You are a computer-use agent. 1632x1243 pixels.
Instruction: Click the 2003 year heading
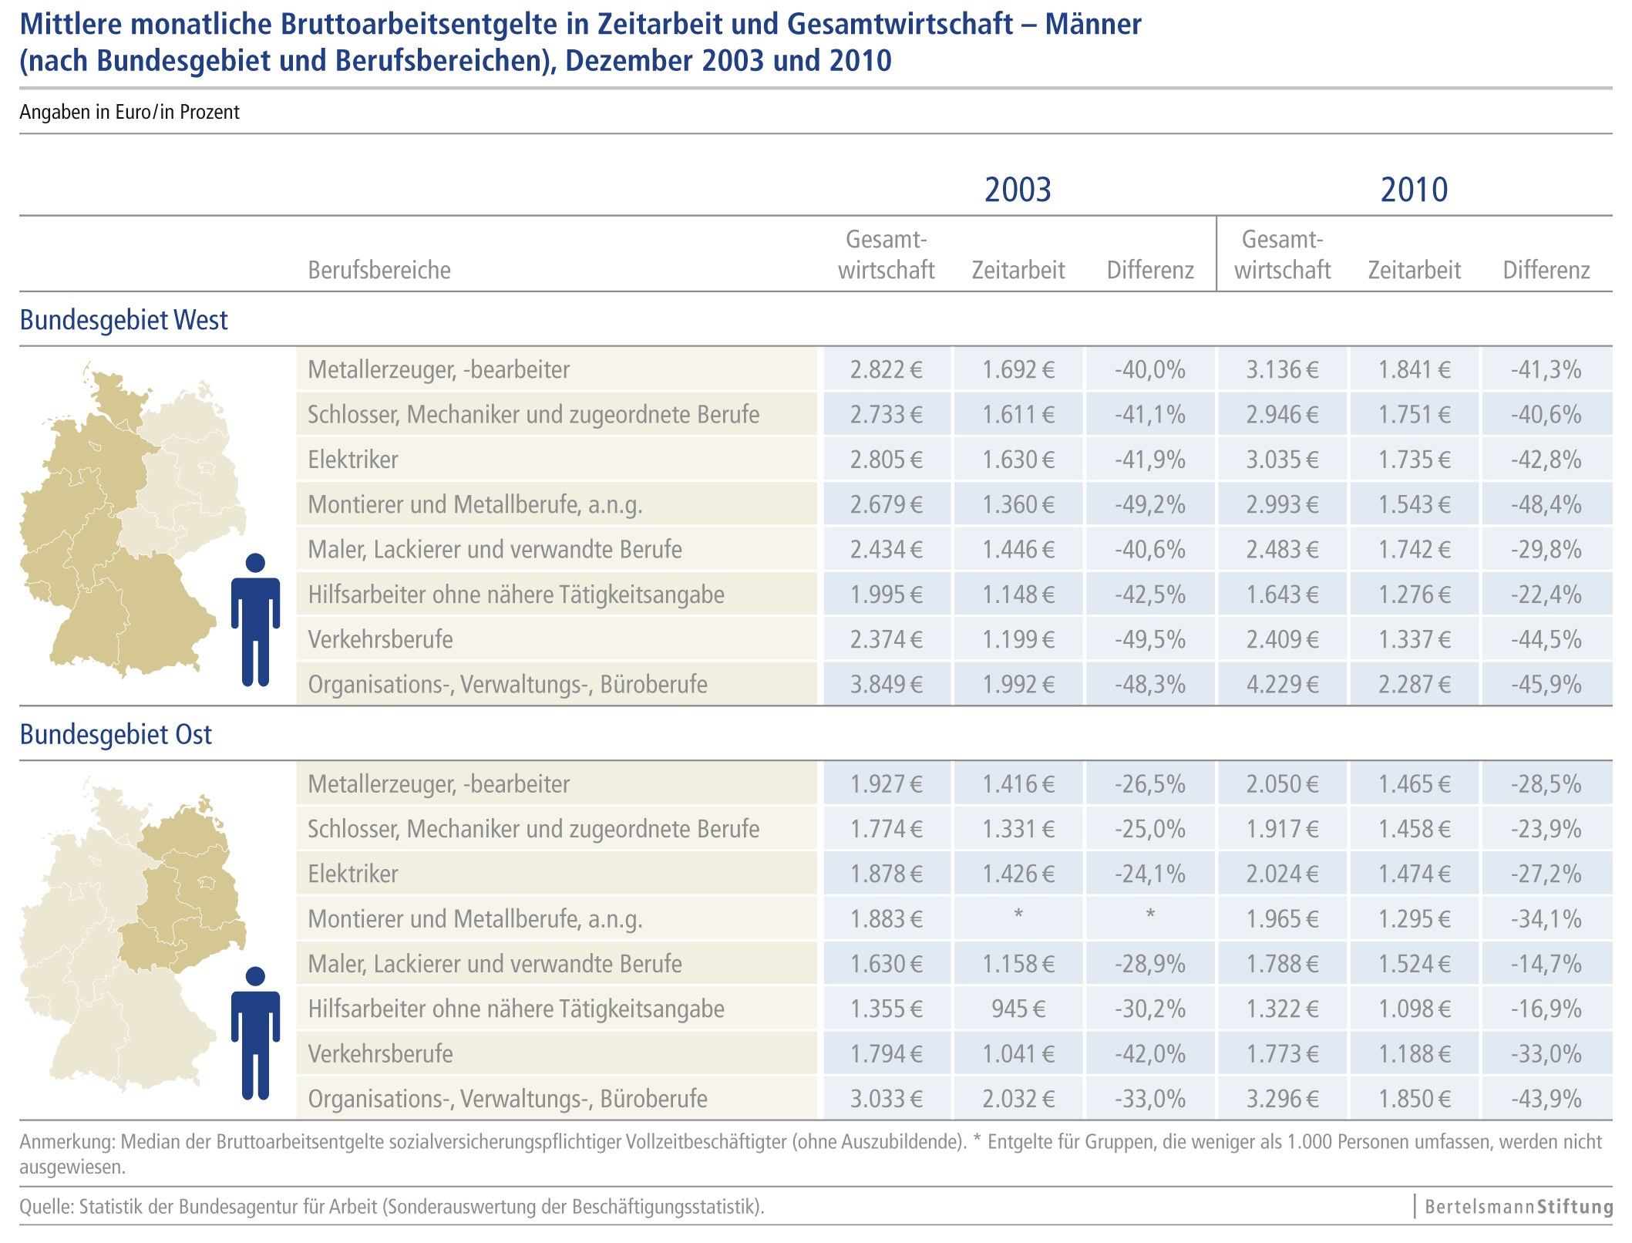pyautogui.click(x=1018, y=190)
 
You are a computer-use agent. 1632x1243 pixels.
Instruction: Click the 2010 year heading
pyautogui.click(x=1414, y=190)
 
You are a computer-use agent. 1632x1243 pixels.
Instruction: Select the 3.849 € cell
pyautogui.click(x=886, y=684)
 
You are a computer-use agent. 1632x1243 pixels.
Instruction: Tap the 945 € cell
pyautogui.click(x=1018, y=1009)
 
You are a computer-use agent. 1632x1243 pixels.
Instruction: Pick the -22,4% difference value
pyautogui.click(x=1546, y=595)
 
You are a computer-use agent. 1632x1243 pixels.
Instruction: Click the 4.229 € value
pyautogui.click(x=1282, y=684)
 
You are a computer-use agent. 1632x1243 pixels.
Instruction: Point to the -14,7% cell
pyautogui.click(x=1546, y=964)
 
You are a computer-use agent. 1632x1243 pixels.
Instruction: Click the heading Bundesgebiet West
pyautogui.click(x=123, y=320)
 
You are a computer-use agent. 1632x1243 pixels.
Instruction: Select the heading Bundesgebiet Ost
pyautogui.click(x=116, y=735)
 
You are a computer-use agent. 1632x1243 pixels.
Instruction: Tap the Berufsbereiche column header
pyautogui.click(x=379, y=270)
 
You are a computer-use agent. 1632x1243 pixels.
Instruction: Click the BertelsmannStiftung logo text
pyautogui.click(x=1518, y=1206)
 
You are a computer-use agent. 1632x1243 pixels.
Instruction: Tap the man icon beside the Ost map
pyautogui.click(x=255, y=1033)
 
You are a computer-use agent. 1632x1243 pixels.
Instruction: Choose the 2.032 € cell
pyautogui.click(x=1018, y=1099)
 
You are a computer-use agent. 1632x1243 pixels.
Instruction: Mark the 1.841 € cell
pyautogui.click(x=1414, y=370)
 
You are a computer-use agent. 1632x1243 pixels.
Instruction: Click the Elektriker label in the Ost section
pyautogui.click(x=353, y=874)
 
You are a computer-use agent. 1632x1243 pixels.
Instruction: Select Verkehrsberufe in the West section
pyautogui.click(x=380, y=639)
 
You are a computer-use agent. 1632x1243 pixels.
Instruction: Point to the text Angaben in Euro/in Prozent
pyautogui.click(x=130, y=113)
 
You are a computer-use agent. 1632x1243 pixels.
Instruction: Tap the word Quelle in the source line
pyautogui.click(x=45, y=1207)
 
